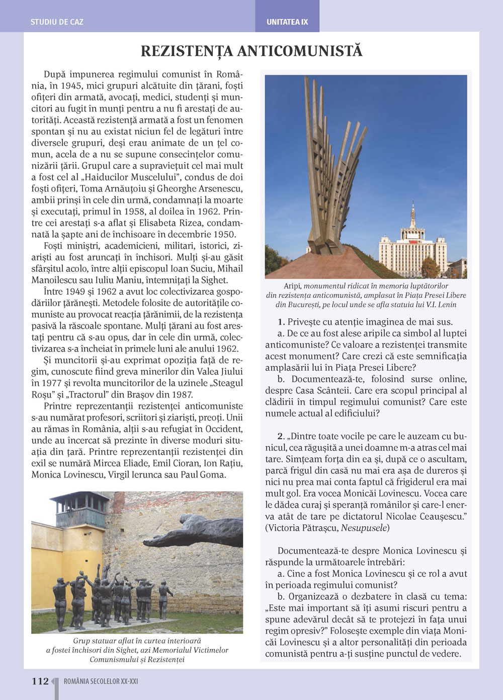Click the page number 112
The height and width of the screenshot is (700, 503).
[x=40, y=681]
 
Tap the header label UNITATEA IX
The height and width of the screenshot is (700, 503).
[x=287, y=22]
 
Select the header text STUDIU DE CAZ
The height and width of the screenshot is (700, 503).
[x=57, y=22]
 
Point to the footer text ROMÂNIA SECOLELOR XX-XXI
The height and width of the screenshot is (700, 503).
[x=101, y=682]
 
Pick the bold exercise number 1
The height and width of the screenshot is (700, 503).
[x=281, y=322]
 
